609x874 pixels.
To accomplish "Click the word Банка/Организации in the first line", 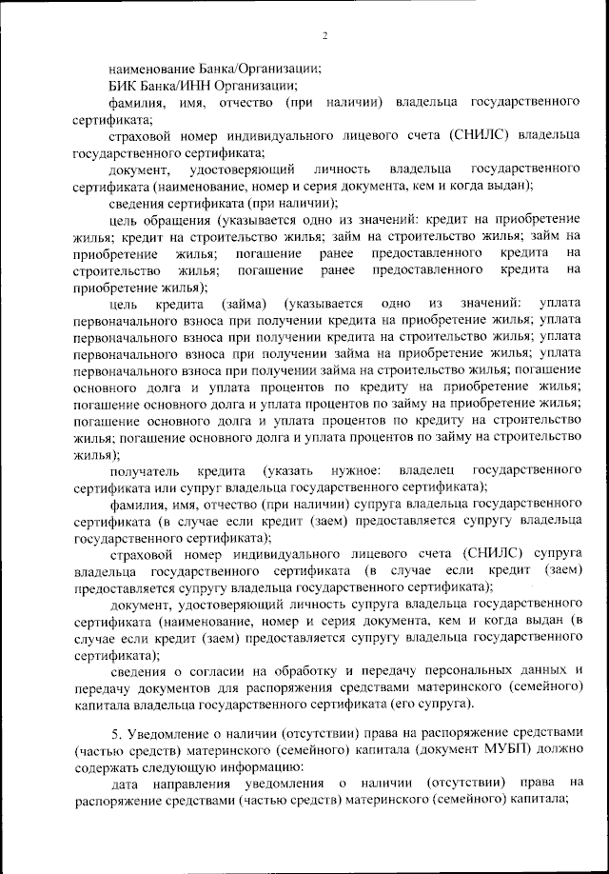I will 261,69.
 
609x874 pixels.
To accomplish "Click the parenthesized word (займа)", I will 243,303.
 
